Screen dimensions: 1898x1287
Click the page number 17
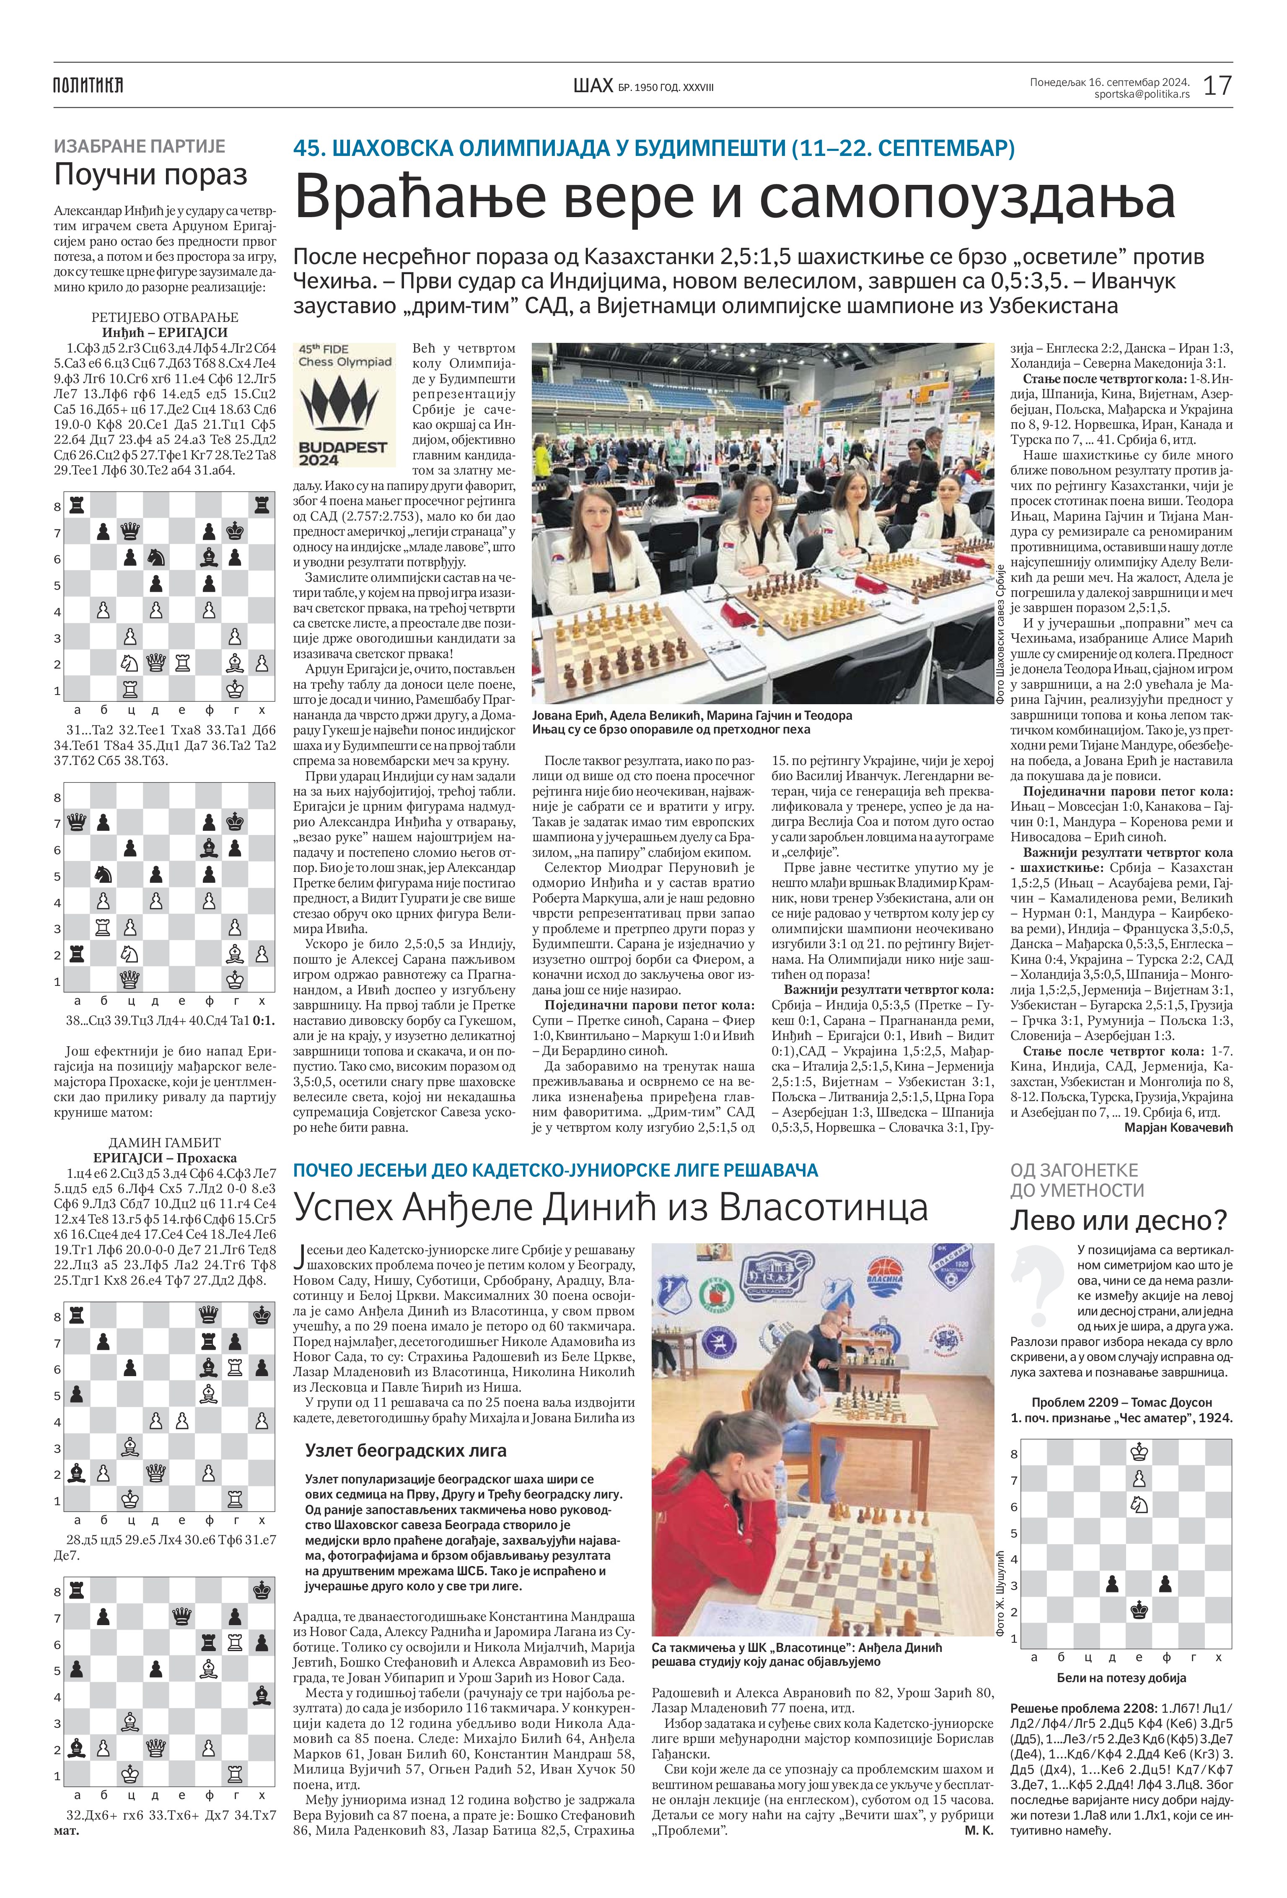(1217, 85)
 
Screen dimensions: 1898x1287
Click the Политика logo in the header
(88, 85)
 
